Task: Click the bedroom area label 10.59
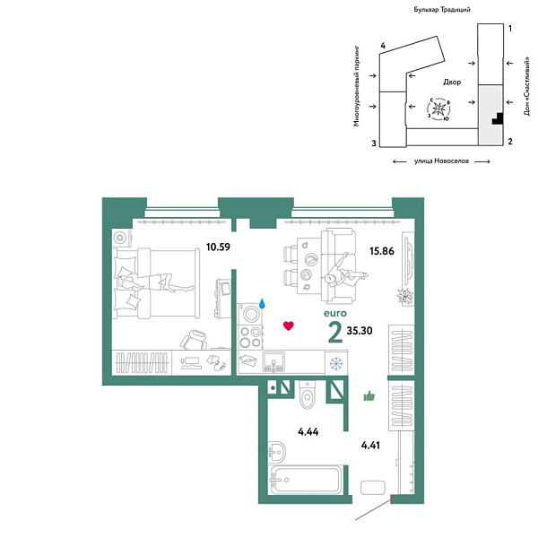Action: point(218,247)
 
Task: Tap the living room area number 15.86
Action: point(382,251)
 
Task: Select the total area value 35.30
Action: point(360,330)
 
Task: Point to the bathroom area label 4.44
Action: point(308,431)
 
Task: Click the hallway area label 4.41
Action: point(370,445)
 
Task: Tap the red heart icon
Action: point(289,325)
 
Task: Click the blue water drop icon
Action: point(263,303)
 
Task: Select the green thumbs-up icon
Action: point(369,396)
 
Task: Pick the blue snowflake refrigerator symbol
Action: point(336,363)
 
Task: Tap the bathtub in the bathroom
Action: point(305,480)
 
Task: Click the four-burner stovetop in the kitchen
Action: point(250,336)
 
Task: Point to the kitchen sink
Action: point(273,362)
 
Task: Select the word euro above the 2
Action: point(335,313)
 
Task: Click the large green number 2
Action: point(334,332)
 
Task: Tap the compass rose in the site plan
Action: point(438,109)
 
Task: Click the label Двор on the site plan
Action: point(452,82)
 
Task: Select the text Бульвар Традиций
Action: point(442,10)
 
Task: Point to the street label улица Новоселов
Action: point(441,161)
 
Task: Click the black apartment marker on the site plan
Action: point(499,119)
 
